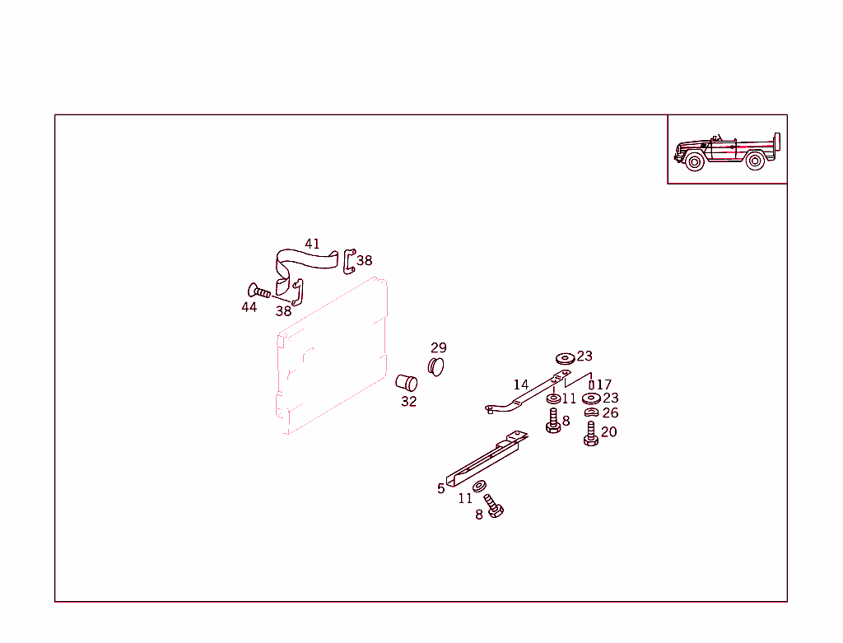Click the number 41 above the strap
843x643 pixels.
point(312,244)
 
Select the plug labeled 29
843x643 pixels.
point(436,366)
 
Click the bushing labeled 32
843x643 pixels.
point(407,383)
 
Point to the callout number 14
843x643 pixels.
point(521,384)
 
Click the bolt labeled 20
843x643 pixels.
point(590,433)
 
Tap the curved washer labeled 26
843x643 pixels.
point(591,412)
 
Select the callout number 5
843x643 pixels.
point(441,488)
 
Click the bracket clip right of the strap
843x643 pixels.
point(349,259)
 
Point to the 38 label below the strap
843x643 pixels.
point(283,311)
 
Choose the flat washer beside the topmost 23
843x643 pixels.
point(565,358)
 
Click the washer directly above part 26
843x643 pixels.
point(591,399)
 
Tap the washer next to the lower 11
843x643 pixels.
point(480,487)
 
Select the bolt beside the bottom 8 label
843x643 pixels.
point(494,506)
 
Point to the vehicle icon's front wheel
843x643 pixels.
point(694,161)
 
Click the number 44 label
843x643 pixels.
point(249,307)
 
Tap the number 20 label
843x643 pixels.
point(608,431)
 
